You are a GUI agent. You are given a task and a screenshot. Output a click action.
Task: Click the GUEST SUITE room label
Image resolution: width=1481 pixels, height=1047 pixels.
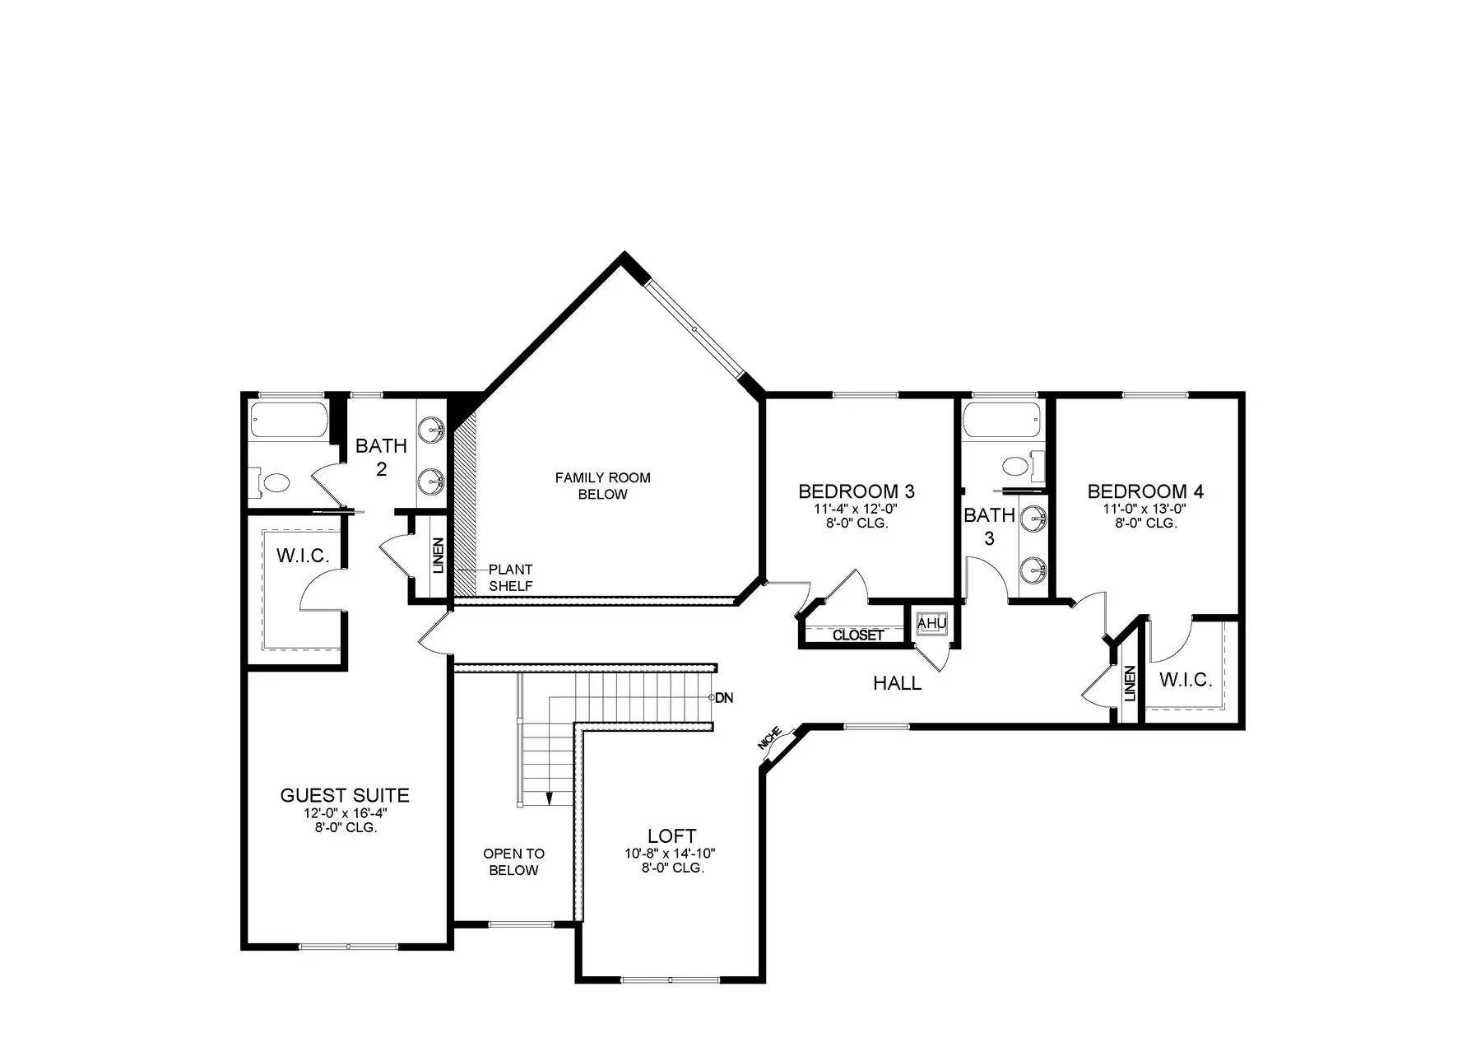click(x=345, y=795)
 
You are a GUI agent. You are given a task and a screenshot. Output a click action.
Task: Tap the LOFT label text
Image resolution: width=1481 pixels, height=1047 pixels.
click(x=672, y=836)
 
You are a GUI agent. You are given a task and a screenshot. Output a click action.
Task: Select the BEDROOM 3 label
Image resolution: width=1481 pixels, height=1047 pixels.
click(x=857, y=491)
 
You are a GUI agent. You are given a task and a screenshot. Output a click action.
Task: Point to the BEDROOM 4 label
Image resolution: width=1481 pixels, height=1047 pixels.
click(x=1145, y=491)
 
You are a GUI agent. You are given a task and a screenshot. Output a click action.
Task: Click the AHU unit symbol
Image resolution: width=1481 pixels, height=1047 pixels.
click(x=931, y=624)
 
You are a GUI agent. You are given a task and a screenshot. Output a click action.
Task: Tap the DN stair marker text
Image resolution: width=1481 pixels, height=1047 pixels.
click(x=724, y=698)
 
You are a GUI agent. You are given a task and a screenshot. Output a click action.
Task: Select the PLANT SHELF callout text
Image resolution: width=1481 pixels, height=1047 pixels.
click(x=511, y=578)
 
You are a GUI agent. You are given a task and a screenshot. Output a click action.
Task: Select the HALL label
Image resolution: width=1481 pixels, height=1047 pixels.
click(x=897, y=683)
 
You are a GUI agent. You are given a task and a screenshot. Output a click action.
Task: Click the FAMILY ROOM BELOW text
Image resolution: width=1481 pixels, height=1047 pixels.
click(x=603, y=486)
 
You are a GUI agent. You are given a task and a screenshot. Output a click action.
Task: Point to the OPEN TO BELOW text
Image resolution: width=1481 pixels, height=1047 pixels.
click(x=513, y=862)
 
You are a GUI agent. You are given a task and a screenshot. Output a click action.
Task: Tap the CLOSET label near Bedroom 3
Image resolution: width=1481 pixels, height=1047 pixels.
click(x=858, y=635)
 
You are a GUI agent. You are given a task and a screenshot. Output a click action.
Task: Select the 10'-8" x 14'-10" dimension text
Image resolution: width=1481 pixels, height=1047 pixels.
click(x=670, y=854)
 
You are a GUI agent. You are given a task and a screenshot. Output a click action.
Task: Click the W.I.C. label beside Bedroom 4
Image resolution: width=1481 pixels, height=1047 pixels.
click(x=1186, y=680)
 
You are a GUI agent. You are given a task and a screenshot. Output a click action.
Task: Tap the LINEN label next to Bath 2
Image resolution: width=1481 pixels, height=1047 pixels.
click(x=438, y=556)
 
